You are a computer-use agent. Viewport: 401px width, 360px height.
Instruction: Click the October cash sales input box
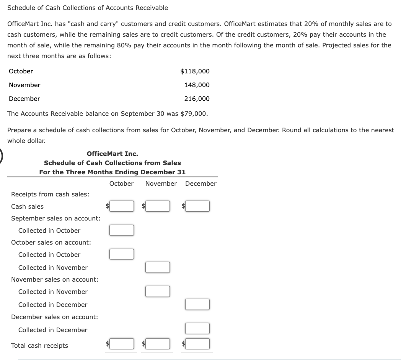pyautogui.click(x=121, y=206)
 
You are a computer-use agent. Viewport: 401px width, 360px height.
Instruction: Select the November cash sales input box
pyautogui.click(x=157, y=206)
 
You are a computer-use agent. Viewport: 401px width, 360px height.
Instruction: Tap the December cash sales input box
pyautogui.click(x=197, y=206)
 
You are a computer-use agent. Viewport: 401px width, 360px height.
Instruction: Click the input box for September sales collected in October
pyautogui.click(x=121, y=230)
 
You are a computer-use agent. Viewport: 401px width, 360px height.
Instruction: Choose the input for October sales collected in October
pyautogui.click(x=121, y=254)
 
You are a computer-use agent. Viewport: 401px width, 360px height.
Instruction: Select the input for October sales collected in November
pyautogui.click(x=157, y=267)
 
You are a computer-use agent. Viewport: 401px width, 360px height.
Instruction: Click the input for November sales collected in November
pyautogui.click(x=157, y=291)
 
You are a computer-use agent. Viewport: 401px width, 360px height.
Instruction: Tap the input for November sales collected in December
pyautogui.click(x=197, y=304)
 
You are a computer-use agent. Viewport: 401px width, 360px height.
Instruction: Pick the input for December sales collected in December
pyautogui.click(x=197, y=328)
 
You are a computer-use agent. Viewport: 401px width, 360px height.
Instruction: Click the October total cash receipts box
pyautogui.click(x=121, y=344)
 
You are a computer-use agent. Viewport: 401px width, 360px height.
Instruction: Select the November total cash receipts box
pyautogui.click(x=157, y=344)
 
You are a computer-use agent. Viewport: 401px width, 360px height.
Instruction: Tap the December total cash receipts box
pyautogui.click(x=197, y=344)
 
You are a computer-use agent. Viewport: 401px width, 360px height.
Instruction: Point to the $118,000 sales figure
pyautogui.click(x=195, y=71)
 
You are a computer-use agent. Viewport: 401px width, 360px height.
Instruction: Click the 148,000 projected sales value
pyautogui.click(x=197, y=85)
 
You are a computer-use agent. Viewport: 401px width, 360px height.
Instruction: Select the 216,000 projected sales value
pyautogui.click(x=197, y=99)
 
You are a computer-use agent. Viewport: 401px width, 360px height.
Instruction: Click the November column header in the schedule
pyautogui.click(x=161, y=183)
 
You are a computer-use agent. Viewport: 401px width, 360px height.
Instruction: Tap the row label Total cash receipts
pyautogui.click(x=39, y=345)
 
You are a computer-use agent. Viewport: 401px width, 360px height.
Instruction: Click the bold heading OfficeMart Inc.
pyautogui.click(x=112, y=154)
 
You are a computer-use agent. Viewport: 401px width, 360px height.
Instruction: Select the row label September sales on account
pyautogui.click(x=56, y=218)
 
